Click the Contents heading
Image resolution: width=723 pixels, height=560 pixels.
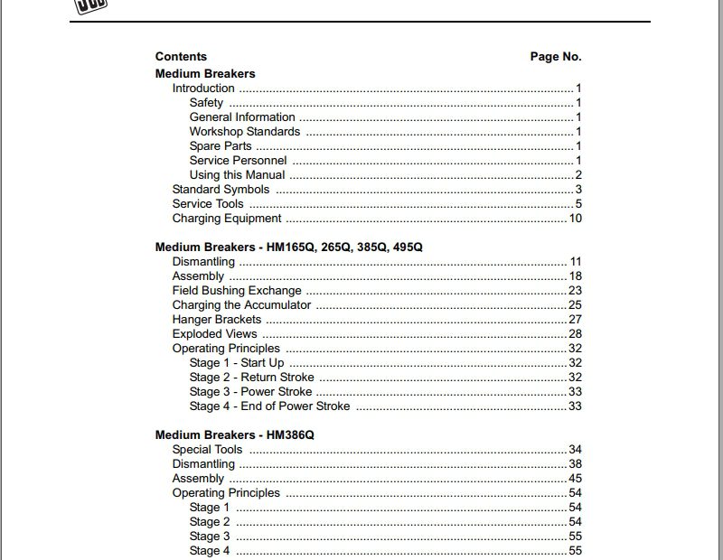[181, 56]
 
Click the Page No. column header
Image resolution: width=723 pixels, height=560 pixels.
[556, 56]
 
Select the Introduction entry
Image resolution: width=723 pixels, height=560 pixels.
[203, 89]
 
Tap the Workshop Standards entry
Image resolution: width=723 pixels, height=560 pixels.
[245, 132]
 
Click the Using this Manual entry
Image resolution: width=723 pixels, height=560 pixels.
[237, 175]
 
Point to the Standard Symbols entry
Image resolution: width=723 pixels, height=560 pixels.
[221, 190]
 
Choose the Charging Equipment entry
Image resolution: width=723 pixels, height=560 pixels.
[227, 219]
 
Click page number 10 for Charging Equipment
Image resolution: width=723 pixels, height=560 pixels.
[575, 219]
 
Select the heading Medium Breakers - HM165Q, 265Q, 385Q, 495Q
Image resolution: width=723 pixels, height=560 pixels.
[288, 247]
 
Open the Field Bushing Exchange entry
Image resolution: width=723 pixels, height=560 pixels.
[237, 291]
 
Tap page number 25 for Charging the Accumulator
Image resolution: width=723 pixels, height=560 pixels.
[575, 305]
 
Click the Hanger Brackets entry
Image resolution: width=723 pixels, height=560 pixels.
[217, 320]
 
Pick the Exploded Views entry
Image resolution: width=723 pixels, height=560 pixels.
[215, 334]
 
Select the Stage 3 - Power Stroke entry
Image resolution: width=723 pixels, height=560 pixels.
[250, 392]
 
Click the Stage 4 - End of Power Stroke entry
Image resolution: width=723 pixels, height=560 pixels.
[269, 406]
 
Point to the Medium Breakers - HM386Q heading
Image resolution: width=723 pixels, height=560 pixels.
[234, 434]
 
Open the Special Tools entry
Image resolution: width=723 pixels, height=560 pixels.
[207, 450]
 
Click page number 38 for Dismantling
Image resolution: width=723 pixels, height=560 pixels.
[575, 464]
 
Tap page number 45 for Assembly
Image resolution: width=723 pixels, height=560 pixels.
[575, 479]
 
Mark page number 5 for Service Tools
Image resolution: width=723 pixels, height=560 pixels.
[578, 204]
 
